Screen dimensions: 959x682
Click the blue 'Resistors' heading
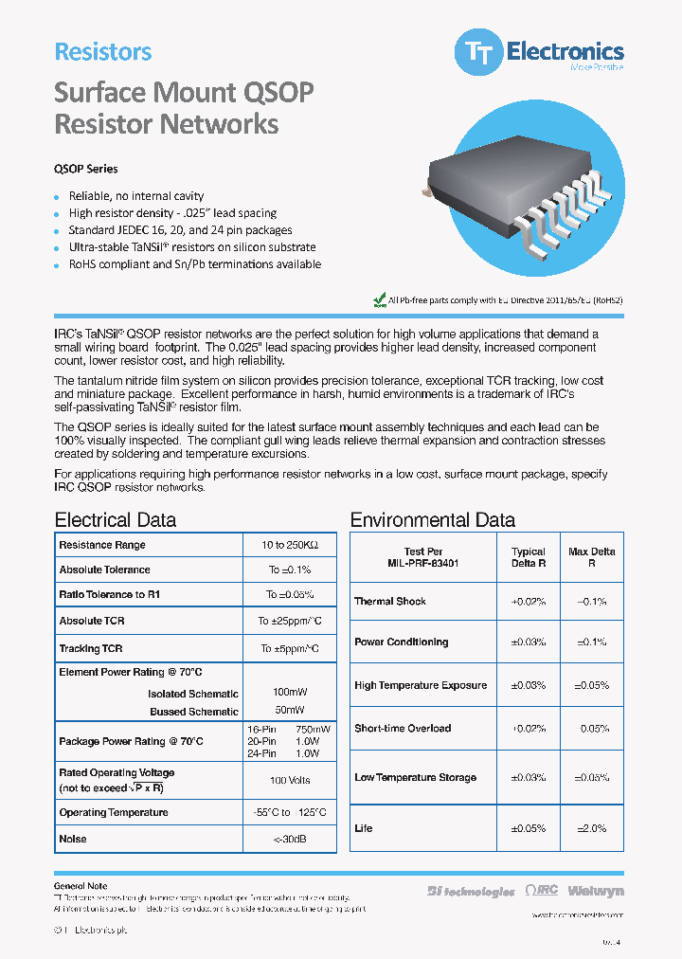(x=103, y=52)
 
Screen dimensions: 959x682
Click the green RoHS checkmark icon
(x=380, y=299)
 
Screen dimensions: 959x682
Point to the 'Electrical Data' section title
(x=116, y=519)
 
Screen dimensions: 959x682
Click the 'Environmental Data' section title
(x=432, y=519)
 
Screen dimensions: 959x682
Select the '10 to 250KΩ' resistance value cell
(x=289, y=545)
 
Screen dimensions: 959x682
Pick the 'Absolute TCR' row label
(x=92, y=621)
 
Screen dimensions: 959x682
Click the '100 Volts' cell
(x=289, y=780)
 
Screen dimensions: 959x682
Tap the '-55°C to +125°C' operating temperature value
(x=289, y=813)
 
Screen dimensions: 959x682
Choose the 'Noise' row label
(x=73, y=839)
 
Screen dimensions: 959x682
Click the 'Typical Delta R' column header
(x=529, y=556)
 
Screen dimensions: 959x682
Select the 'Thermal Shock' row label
(x=390, y=601)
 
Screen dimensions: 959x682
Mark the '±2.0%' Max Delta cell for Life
(x=592, y=828)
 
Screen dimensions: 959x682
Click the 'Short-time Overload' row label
(x=403, y=728)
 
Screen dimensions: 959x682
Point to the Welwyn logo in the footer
(x=596, y=891)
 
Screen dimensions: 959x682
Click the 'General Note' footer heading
(x=81, y=886)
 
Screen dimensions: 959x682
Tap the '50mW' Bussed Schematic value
(x=289, y=710)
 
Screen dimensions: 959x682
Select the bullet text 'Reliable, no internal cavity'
(x=135, y=196)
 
